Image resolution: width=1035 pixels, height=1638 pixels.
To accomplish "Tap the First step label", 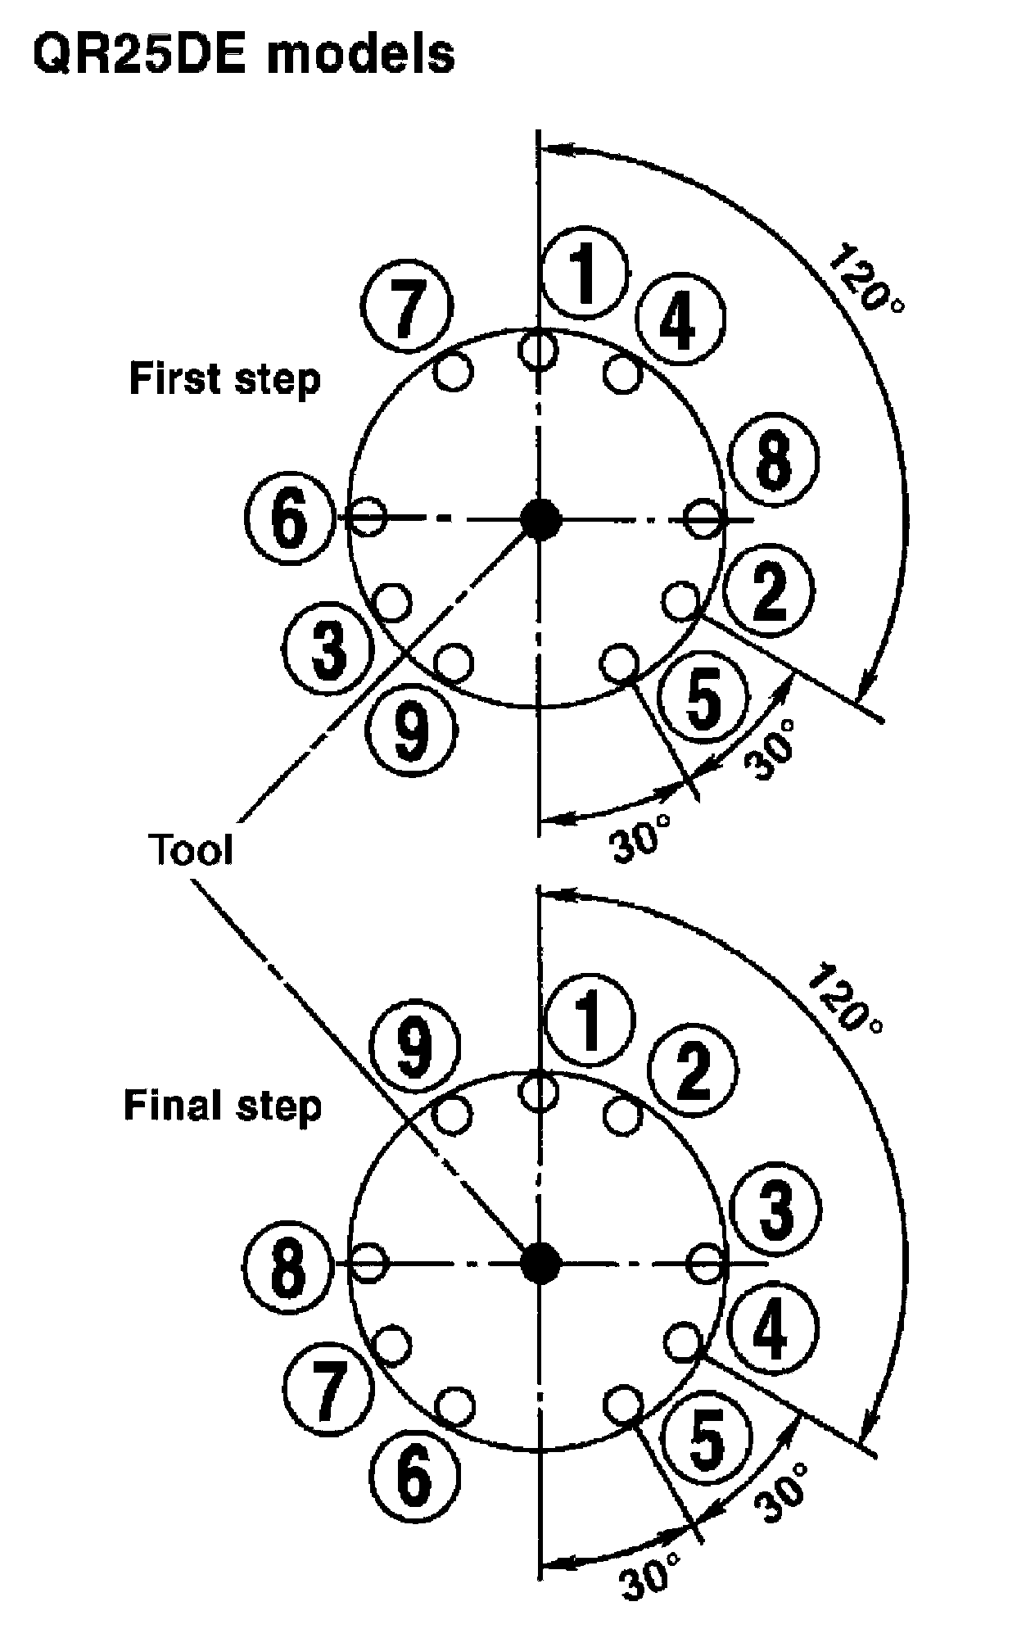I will coord(224,380).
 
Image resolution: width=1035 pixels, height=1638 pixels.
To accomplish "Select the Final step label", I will coord(223,1105).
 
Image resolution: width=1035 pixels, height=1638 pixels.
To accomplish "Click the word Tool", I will coord(191,849).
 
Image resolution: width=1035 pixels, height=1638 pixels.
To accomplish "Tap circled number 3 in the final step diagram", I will coord(775,1211).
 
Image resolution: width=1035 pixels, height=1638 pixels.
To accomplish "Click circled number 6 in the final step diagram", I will coord(414,1474).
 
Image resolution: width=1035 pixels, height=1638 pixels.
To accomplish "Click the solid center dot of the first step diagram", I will coord(540,518).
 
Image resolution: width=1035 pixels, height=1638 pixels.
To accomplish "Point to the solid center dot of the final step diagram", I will coord(540,1262).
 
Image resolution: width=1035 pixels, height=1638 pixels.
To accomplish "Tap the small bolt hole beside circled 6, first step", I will coord(369,517).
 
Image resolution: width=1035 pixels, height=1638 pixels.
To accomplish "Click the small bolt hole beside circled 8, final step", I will coord(369,1262).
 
